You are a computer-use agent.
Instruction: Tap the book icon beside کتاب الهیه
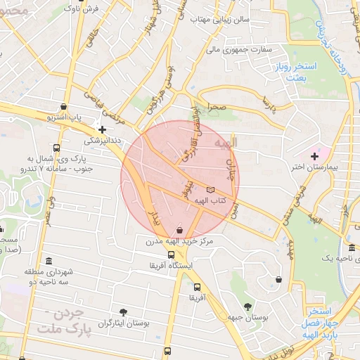tap(211, 191)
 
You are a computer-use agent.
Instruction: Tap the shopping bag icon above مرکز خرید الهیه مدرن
tap(181, 230)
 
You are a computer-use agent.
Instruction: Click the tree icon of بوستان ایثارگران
tap(124, 311)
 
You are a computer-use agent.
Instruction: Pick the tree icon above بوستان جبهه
tap(247, 306)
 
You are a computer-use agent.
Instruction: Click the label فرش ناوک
tap(67, 9)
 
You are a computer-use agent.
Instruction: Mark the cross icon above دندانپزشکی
tap(103, 129)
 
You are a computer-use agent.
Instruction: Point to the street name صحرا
tap(216, 108)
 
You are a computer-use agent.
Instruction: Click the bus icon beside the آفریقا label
tap(197, 287)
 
